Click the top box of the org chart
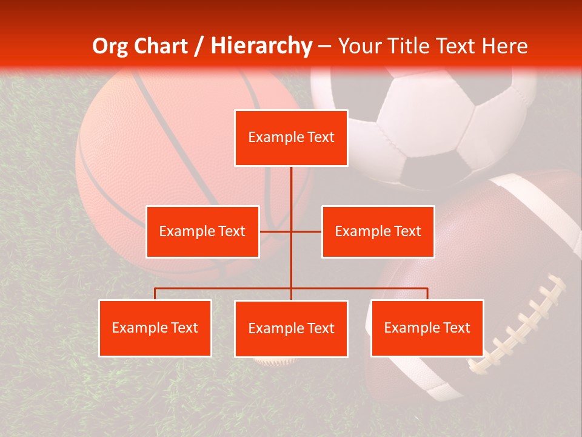[291, 138]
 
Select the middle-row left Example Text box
[202, 231]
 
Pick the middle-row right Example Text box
[378, 231]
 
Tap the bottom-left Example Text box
[155, 328]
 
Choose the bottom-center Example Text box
[291, 328]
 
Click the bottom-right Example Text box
[427, 328]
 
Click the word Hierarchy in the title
[261, 46]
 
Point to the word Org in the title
[111, 46]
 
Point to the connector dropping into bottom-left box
[155, 294]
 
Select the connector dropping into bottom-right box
[427, 294]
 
